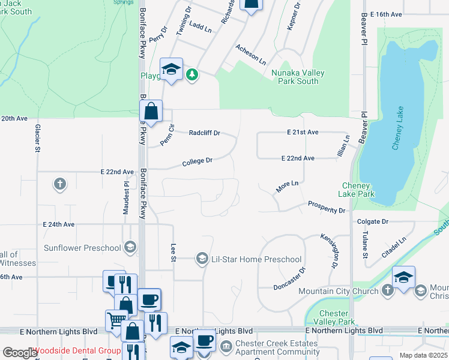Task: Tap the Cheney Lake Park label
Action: click(x=359, y=190)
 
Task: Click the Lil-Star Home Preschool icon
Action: click(x=203, y=259)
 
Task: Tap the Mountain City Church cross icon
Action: click(x=388, y=290)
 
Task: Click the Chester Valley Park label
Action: click(x=334, y=317)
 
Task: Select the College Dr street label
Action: click(x=197, y=161)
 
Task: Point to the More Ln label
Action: click(x=287, y=186)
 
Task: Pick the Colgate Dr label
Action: click(x=373, y=221)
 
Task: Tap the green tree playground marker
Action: click(x=191, y=75)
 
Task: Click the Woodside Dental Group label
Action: click(x=76, y=350)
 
